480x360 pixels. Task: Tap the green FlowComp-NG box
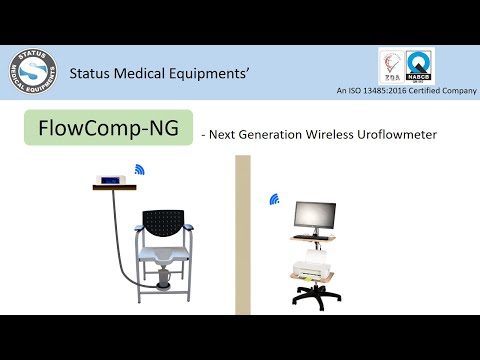107,129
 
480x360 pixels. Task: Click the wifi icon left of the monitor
273,199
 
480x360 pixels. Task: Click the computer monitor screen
313,215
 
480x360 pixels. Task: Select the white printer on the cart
311,268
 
